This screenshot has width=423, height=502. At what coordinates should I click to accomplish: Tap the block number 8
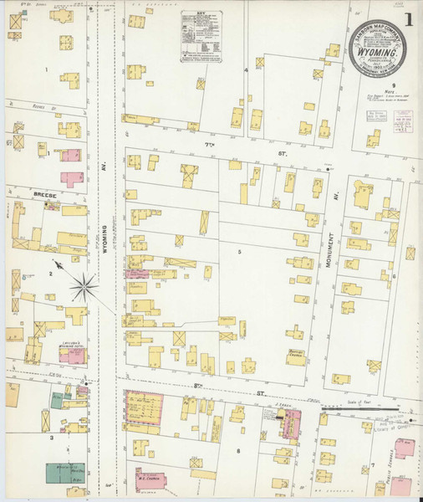238,452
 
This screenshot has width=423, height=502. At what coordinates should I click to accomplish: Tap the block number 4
246,70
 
